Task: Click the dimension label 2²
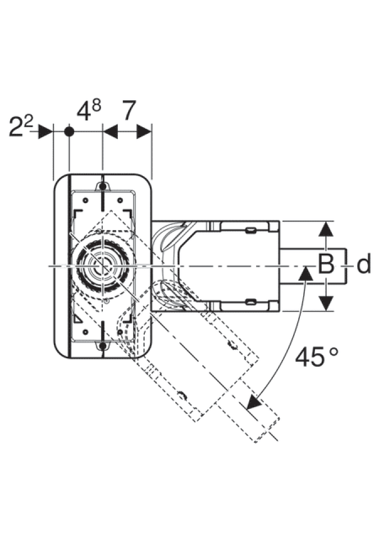(21, 127)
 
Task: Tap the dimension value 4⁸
(88, 111)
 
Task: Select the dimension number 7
(130, 111)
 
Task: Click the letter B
(326, 264)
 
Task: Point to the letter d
(364, 264)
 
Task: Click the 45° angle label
(317, 357)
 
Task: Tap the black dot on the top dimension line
(69, 132)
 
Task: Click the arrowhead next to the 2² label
(45, 132)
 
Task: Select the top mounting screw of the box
(103, 186)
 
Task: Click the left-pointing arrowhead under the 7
(111, 132)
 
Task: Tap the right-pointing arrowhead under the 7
(144, 132)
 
